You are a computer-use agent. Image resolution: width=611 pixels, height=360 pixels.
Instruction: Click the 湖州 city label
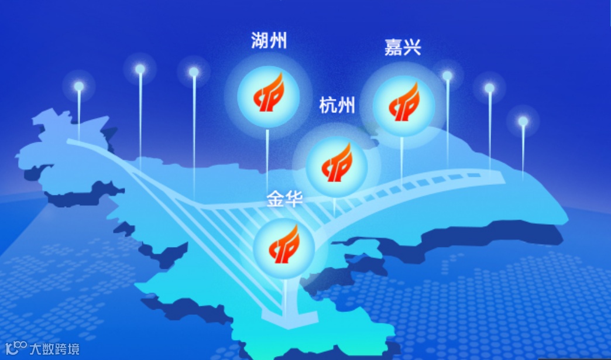(x=269, y=42)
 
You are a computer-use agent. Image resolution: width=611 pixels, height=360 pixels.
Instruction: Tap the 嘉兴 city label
(x=403, y=47)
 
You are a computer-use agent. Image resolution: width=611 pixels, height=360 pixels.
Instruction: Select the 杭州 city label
(x=337, y=106)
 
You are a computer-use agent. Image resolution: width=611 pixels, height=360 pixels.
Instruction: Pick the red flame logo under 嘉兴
(x=404, y=104)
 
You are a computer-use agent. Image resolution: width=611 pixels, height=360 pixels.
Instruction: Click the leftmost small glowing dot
(x=78, y=86)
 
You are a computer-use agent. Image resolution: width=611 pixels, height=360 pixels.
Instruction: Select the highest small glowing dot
(x=140, y=69)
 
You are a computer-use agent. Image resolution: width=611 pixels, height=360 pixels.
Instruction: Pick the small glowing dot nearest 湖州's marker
(x=194, y=72)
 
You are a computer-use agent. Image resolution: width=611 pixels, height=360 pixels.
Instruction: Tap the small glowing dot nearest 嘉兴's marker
(x=447, y=76)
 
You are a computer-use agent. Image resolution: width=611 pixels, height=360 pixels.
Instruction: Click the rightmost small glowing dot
(x=523, y=121)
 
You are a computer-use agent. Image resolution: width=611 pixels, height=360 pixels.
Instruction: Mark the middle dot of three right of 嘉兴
(x=489, y=88)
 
